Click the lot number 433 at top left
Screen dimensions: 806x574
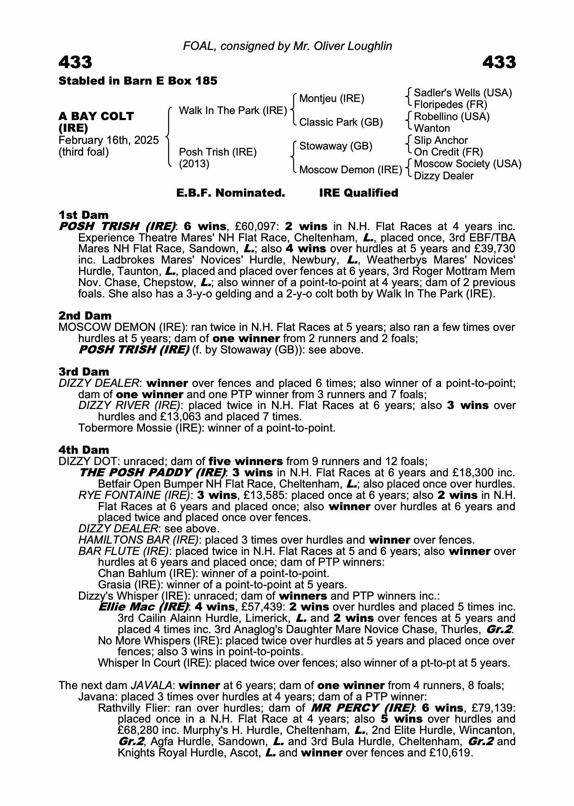pos(75,62)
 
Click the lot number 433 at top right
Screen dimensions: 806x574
pos(499,62)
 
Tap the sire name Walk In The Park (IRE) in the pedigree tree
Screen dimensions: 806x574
pos(233,110)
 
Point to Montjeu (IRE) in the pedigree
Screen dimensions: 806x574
pos(331,99)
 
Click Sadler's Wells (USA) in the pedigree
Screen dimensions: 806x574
pos(463,93)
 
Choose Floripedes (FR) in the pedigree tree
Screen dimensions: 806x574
pos(451,105)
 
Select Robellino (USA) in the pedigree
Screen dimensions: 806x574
pos(451,117)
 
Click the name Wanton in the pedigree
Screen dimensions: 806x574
pos(432,129)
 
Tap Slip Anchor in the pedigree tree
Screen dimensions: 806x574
pos(441,140)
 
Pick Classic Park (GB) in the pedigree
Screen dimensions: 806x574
pos(341,122)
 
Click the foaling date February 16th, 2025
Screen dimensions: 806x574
pos(108,140)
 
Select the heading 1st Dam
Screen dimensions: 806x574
pos(83,215)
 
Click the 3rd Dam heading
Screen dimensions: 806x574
pos(84,372)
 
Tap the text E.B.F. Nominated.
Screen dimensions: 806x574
pos(231,193)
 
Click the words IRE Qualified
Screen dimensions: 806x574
pos(358,193)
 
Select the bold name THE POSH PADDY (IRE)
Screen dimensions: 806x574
pos(153,472)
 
